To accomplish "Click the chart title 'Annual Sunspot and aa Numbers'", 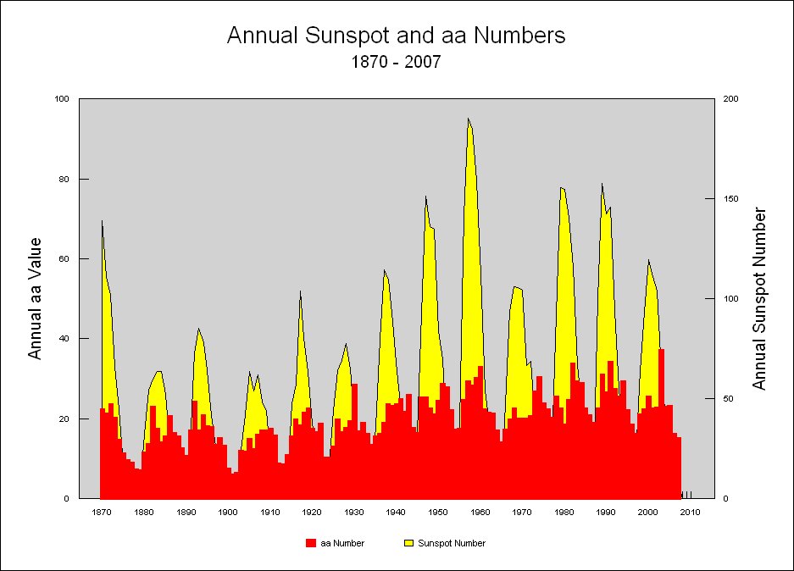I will tap(396, 36).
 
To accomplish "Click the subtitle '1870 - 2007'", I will tap(396, 62).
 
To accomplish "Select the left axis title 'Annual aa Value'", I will tap(36, 298).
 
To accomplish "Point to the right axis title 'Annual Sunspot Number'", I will tap(759, 299).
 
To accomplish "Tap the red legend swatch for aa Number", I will tap(311, 543).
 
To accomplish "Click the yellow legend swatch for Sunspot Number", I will tap(408, 543).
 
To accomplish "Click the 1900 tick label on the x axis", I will tap(228, 512).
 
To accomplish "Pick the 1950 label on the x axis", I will tap(438, 512).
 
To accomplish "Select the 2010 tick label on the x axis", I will tap(690, 512).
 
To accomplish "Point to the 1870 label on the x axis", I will tap(102, 512).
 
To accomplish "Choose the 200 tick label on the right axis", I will tap(730, 99).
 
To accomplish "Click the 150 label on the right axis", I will tap(730, 199).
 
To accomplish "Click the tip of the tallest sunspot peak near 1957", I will tap(468, 119).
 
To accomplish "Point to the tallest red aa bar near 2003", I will tap(661, 349).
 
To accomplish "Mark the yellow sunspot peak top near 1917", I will tap(300, 291).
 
